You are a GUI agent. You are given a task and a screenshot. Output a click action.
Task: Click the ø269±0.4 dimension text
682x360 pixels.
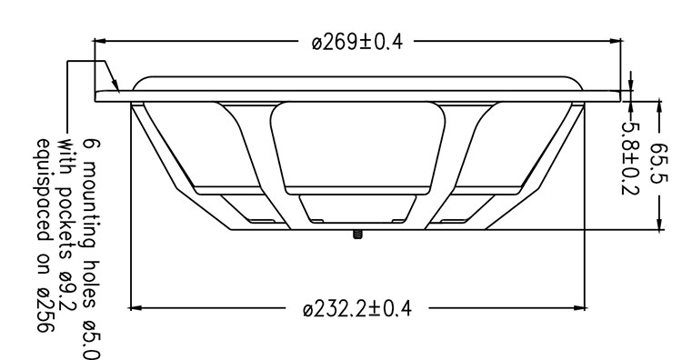[357, 42]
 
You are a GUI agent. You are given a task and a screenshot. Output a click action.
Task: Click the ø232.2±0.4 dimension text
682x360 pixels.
[357, 309]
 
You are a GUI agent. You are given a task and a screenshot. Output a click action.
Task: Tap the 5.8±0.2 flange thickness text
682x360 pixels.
[630, 158]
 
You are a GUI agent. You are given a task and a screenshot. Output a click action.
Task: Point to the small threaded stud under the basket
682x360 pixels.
[357, 235]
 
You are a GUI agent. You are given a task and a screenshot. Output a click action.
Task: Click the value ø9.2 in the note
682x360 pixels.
[68, 292]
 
